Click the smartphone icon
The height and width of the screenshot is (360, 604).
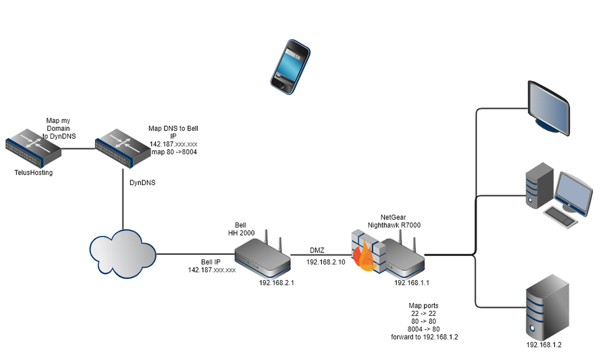[x=290, y=67]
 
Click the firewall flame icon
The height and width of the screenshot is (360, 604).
[x=366, y=257]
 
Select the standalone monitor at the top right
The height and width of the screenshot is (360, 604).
[x=547, y=107]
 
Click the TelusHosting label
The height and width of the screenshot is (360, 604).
[x=33, y=173]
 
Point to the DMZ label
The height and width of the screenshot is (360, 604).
[x=317, y=250]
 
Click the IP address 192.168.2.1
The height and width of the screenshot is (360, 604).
[x=276, y=282]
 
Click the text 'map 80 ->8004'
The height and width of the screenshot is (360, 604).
[x=173, y=152]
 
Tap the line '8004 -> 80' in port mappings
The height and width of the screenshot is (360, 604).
[x=423, y=329]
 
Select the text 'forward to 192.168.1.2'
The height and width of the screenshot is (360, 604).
[x=424, y=337]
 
